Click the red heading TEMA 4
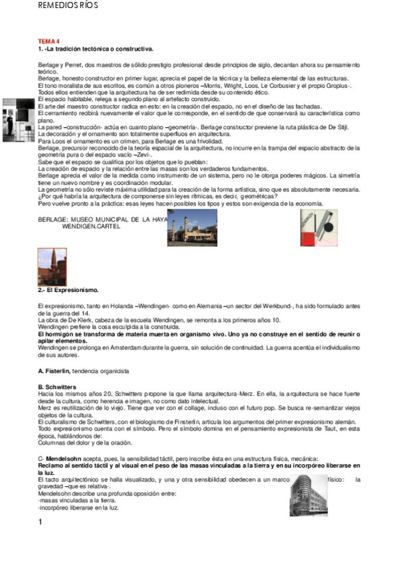pyautogui.click(x=49, y=41)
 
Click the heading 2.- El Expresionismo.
pyautogui.click(x=68, y=290)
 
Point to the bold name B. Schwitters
pyautogui.click(x=57, y=386)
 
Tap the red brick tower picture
pyautogui.click(x=52, y=267)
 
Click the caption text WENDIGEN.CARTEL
pyautogui.click(x=88, y=226)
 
